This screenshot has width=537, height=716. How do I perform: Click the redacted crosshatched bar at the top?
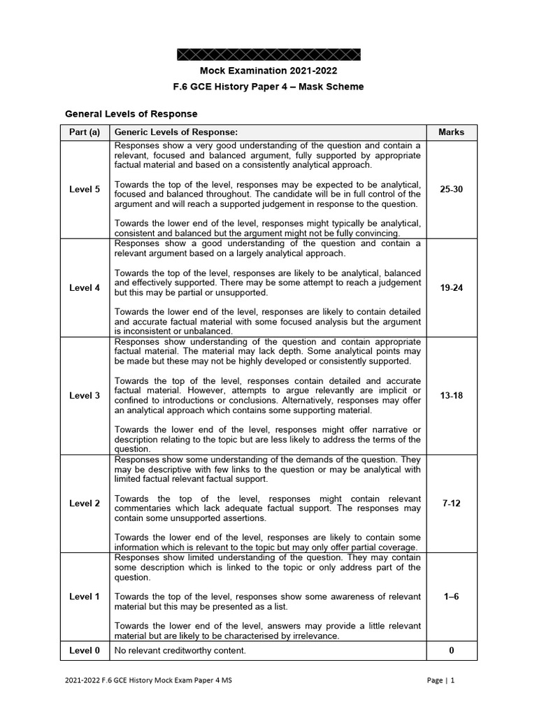268,55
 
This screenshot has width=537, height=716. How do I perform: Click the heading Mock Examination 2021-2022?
268,71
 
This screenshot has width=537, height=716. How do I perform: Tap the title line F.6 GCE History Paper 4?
268,87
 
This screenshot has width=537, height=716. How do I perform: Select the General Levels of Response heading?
131,113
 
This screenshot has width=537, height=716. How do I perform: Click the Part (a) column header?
85,132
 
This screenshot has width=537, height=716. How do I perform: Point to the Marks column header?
451,132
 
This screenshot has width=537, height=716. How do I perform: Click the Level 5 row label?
85,189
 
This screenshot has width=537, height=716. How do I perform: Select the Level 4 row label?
85,287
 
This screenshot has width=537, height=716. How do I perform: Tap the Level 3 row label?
85,396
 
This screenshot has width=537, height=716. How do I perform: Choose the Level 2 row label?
85,503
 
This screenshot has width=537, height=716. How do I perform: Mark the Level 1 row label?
85,596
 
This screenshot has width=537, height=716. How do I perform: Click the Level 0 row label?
85,651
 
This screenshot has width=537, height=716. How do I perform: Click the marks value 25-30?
451,189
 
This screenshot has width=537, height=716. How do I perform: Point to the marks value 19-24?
451,287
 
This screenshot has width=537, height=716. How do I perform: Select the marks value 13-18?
451,396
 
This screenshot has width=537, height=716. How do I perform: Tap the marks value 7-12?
451,503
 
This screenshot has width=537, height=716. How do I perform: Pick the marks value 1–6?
451,596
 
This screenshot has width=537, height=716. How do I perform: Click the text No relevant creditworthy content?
180,651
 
